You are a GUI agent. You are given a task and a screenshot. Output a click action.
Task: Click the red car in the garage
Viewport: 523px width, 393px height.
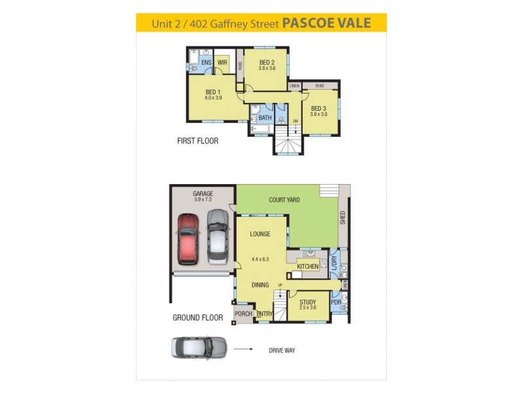coord(188,237)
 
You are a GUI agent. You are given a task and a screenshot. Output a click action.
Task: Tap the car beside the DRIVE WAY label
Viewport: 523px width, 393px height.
coord(199,346)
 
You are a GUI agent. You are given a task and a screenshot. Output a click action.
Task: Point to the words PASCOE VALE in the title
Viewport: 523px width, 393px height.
coord(326,24)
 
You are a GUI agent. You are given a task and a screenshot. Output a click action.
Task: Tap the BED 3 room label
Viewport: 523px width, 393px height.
coord(318,109)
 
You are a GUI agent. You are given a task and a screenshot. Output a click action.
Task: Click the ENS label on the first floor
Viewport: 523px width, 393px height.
coord(206,63)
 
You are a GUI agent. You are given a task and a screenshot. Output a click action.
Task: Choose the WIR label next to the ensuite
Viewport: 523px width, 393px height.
coord(222,63)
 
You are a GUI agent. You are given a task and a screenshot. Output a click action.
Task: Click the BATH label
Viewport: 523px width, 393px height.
coord(265,118)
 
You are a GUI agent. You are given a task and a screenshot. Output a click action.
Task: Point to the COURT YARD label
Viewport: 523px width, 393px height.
coord(284,199)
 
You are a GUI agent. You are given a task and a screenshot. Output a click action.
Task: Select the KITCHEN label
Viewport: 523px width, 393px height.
coord(307,267)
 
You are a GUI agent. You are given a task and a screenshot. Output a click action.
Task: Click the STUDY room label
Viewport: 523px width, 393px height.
coord(307,302)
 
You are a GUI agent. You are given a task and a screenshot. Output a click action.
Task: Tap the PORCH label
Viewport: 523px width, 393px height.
coord(243,314)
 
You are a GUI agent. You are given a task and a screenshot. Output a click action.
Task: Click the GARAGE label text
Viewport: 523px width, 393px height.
coord(203,194)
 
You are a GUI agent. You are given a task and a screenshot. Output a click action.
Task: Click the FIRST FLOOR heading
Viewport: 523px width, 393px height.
coord(197,141)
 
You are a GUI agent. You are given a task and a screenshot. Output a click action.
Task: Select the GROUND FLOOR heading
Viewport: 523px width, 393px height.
coord(197,318)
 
